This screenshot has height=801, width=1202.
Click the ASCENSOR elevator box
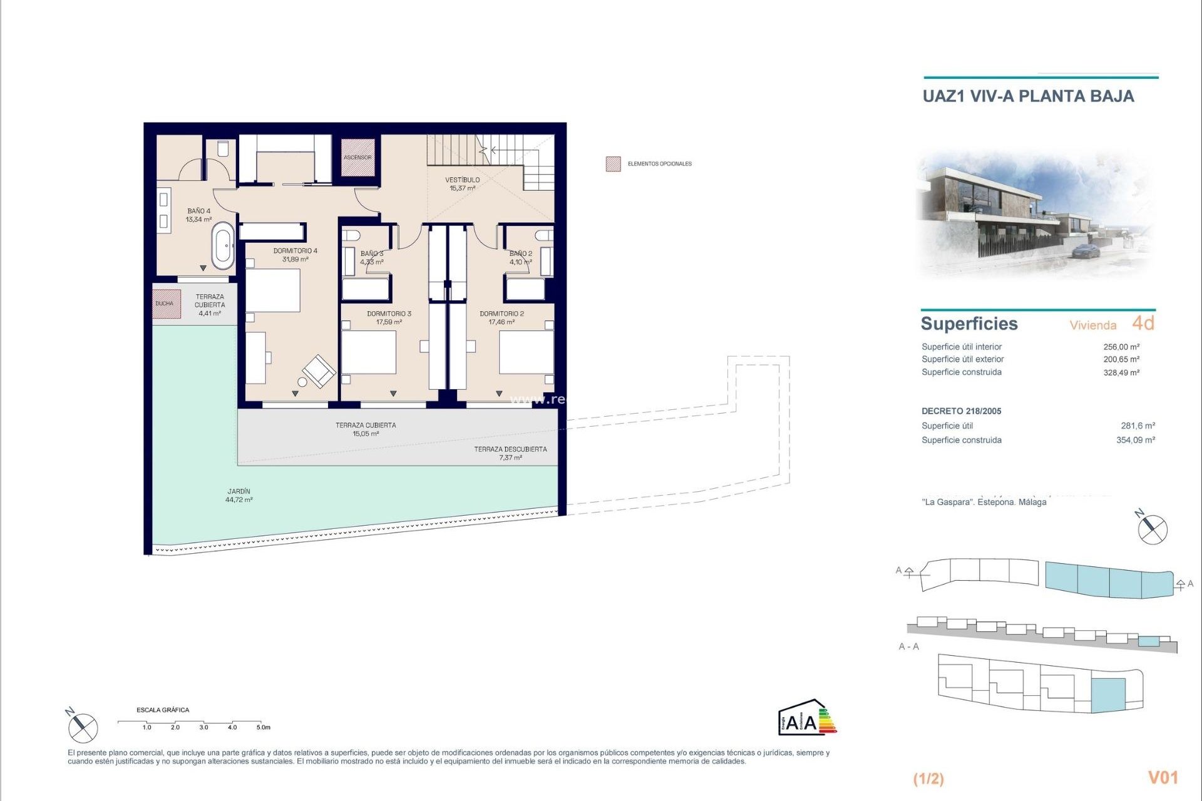[357, 157]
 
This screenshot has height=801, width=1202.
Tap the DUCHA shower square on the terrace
[166, 304]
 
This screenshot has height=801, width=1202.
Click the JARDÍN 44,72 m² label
[239, 496]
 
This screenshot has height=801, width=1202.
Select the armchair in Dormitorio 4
[319, 370]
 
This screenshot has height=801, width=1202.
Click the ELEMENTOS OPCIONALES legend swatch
[613, 164]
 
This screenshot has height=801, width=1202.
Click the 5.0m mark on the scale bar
[262, 727]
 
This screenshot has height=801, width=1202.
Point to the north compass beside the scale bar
[82, 728]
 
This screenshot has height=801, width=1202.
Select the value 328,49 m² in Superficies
[1121, 372]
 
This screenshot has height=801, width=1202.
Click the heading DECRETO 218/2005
[961, 411]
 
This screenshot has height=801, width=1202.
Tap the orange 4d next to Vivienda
[1143, 323]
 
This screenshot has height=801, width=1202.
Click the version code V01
[1163, 777]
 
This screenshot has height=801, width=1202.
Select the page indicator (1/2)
[928, 778]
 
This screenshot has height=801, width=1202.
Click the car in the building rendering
[1087, 252]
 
